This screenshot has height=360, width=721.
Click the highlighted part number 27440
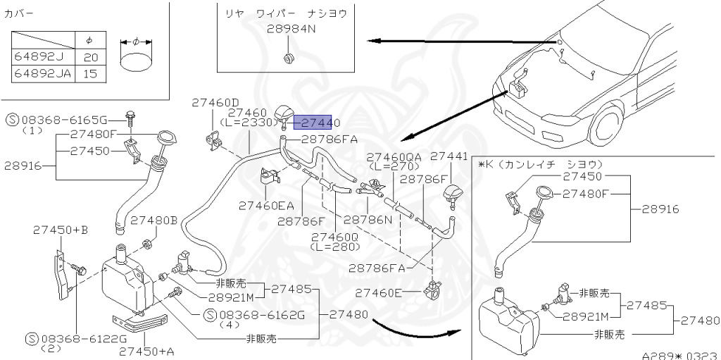(x=321, y=123)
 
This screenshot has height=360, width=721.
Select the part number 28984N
(x=291, y=30)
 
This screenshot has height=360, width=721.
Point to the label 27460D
(x=215, y=103)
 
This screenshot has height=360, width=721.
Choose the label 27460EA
(x=266, y=206)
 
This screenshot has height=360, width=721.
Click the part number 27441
(x=449, y=156)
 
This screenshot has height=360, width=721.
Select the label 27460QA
(x=394, y=157)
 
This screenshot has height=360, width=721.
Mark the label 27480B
(x=153, y=220)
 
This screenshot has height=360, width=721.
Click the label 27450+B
(x=61, y=230)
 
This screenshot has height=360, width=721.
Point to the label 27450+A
(x=146, y=351)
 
